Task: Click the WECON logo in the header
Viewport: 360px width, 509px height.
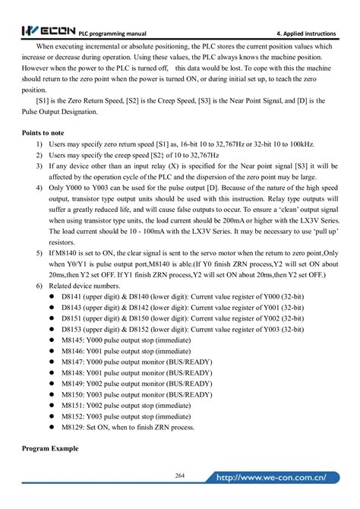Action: (45, 31)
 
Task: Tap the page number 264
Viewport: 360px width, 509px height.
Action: (180, 475)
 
